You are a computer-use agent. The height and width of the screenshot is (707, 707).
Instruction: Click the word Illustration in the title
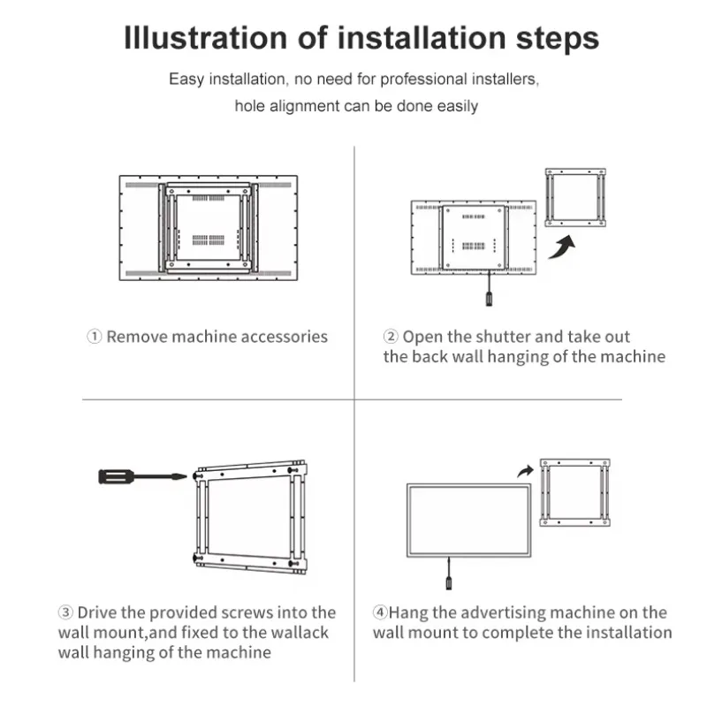pos(205,37)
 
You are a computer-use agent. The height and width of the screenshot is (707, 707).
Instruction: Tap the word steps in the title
pos(558,39)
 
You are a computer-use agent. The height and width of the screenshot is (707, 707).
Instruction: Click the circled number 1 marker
pos(94,337)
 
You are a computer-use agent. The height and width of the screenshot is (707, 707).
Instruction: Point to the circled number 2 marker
pos(391,337)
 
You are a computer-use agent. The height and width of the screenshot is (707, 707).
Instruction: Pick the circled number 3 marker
pos(65,612)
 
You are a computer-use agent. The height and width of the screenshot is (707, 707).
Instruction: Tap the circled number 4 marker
pos(380,612)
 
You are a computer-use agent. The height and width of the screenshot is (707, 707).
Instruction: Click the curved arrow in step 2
pos(562,247)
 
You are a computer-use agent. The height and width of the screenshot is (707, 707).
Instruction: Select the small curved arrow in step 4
pos(525,472)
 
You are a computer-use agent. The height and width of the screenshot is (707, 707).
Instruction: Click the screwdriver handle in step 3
pos(117,476)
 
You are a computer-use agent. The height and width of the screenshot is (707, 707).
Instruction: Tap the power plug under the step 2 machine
pos(489,299)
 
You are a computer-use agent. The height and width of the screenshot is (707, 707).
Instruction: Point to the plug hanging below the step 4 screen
pos(449,582)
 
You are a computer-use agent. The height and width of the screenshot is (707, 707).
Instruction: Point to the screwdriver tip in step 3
pos(186,476)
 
